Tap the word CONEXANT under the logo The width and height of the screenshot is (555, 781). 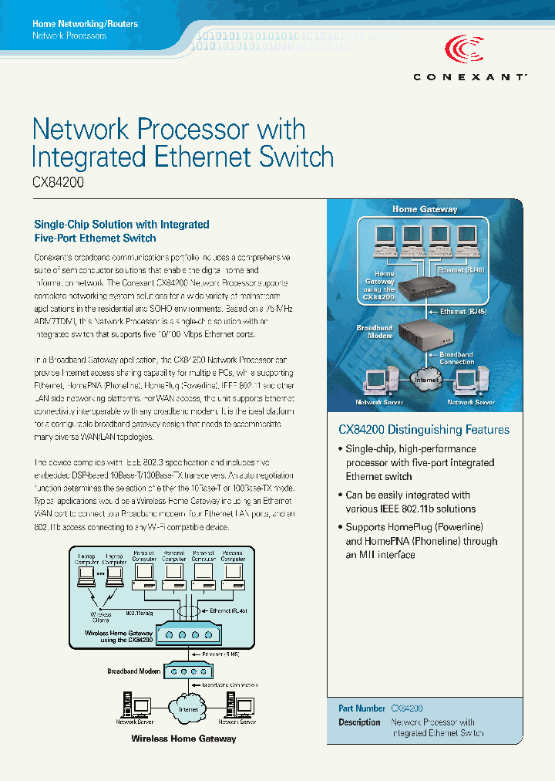(469, 77)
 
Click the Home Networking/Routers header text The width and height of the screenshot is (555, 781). (85, 24)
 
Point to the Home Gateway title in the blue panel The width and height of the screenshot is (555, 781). (425, 209)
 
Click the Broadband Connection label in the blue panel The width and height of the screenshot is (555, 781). (457, 358)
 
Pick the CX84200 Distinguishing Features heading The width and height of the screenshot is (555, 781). (424, 430)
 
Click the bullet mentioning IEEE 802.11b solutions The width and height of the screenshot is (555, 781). (410, 502)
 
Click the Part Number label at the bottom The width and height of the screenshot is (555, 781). (362, 708)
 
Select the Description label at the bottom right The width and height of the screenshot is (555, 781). (359, 722)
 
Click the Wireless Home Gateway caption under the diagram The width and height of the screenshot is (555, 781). (183, 739)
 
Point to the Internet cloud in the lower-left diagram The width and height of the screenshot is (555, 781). (188, 708)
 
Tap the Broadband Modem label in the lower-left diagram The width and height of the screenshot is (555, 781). (134, 671)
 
